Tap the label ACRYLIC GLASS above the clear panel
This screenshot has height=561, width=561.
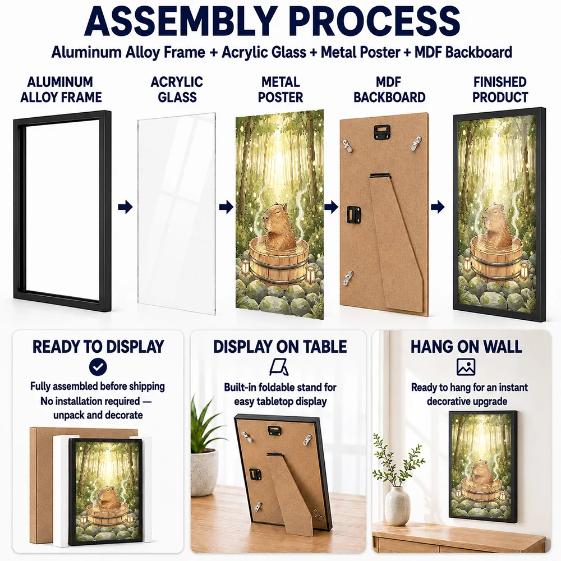click(x=177, y=89)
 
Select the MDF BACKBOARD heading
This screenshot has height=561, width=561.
click(x=389, y=89)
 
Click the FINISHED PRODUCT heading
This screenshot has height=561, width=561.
click(x=500, y=89)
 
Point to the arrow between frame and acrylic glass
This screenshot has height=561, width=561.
click(x=125, y=207)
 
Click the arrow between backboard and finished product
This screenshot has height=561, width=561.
click(x=438, y=207)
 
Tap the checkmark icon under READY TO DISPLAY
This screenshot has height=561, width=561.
click(x=98, y=367)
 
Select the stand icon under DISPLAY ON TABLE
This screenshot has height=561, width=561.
click(x=279, y=367)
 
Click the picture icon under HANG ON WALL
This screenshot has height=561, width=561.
click(x=466, y=367)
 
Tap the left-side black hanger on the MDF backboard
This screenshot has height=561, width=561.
click(x=353, y=214)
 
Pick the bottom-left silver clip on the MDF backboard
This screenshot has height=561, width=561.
click(x=347, y=278)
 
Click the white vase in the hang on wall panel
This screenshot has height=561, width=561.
click(x=398, y=505)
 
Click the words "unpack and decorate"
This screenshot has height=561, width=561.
click(x=98, y=415)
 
